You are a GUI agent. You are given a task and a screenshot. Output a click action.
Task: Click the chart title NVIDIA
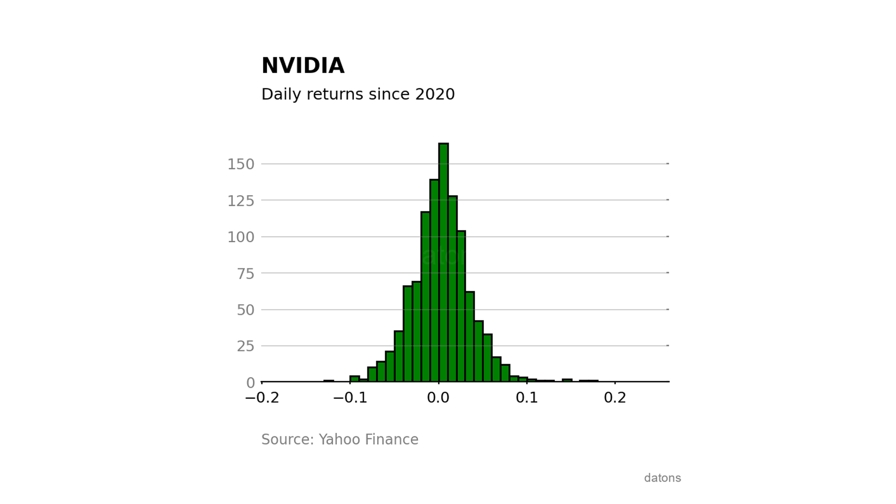tap(303, 66)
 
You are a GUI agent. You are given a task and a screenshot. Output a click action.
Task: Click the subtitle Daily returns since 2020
tap(358, 94)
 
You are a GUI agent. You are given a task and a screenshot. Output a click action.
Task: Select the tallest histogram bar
tap(443, 262)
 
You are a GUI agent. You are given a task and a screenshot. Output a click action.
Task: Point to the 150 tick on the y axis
tap(241, 164)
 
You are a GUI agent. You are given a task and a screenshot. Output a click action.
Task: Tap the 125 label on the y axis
tap(241, 201)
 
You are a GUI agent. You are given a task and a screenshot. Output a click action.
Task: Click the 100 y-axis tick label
tap(241, 237)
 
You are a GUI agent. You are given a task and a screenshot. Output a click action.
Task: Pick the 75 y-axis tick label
tap(245, 273)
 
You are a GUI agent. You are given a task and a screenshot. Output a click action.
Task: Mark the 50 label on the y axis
tap(245, 310)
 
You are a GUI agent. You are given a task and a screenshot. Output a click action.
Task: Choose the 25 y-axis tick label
tap(245, 346)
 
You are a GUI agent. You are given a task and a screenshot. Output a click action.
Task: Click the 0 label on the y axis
tap(251, 383)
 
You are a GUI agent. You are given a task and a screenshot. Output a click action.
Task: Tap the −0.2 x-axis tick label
tap(262, 398)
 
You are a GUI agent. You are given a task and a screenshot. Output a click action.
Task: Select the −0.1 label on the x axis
tap(350, 398)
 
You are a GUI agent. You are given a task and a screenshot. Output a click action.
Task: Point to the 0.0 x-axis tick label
tap(438, 398)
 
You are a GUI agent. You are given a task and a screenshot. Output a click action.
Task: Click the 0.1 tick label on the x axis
tap(526, 398)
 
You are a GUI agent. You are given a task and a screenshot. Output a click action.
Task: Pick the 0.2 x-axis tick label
tap(615, 398)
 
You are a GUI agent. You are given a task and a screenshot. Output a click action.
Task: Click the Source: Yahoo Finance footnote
tap(340, 440)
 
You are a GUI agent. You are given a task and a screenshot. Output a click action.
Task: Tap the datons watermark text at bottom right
tap(662, 478)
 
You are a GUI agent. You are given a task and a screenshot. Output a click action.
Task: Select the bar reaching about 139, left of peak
tap(434, 280)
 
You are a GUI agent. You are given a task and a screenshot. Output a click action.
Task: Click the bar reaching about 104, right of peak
tap(461, 306)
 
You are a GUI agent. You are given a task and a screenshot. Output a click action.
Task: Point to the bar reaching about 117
tap(425, 296)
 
